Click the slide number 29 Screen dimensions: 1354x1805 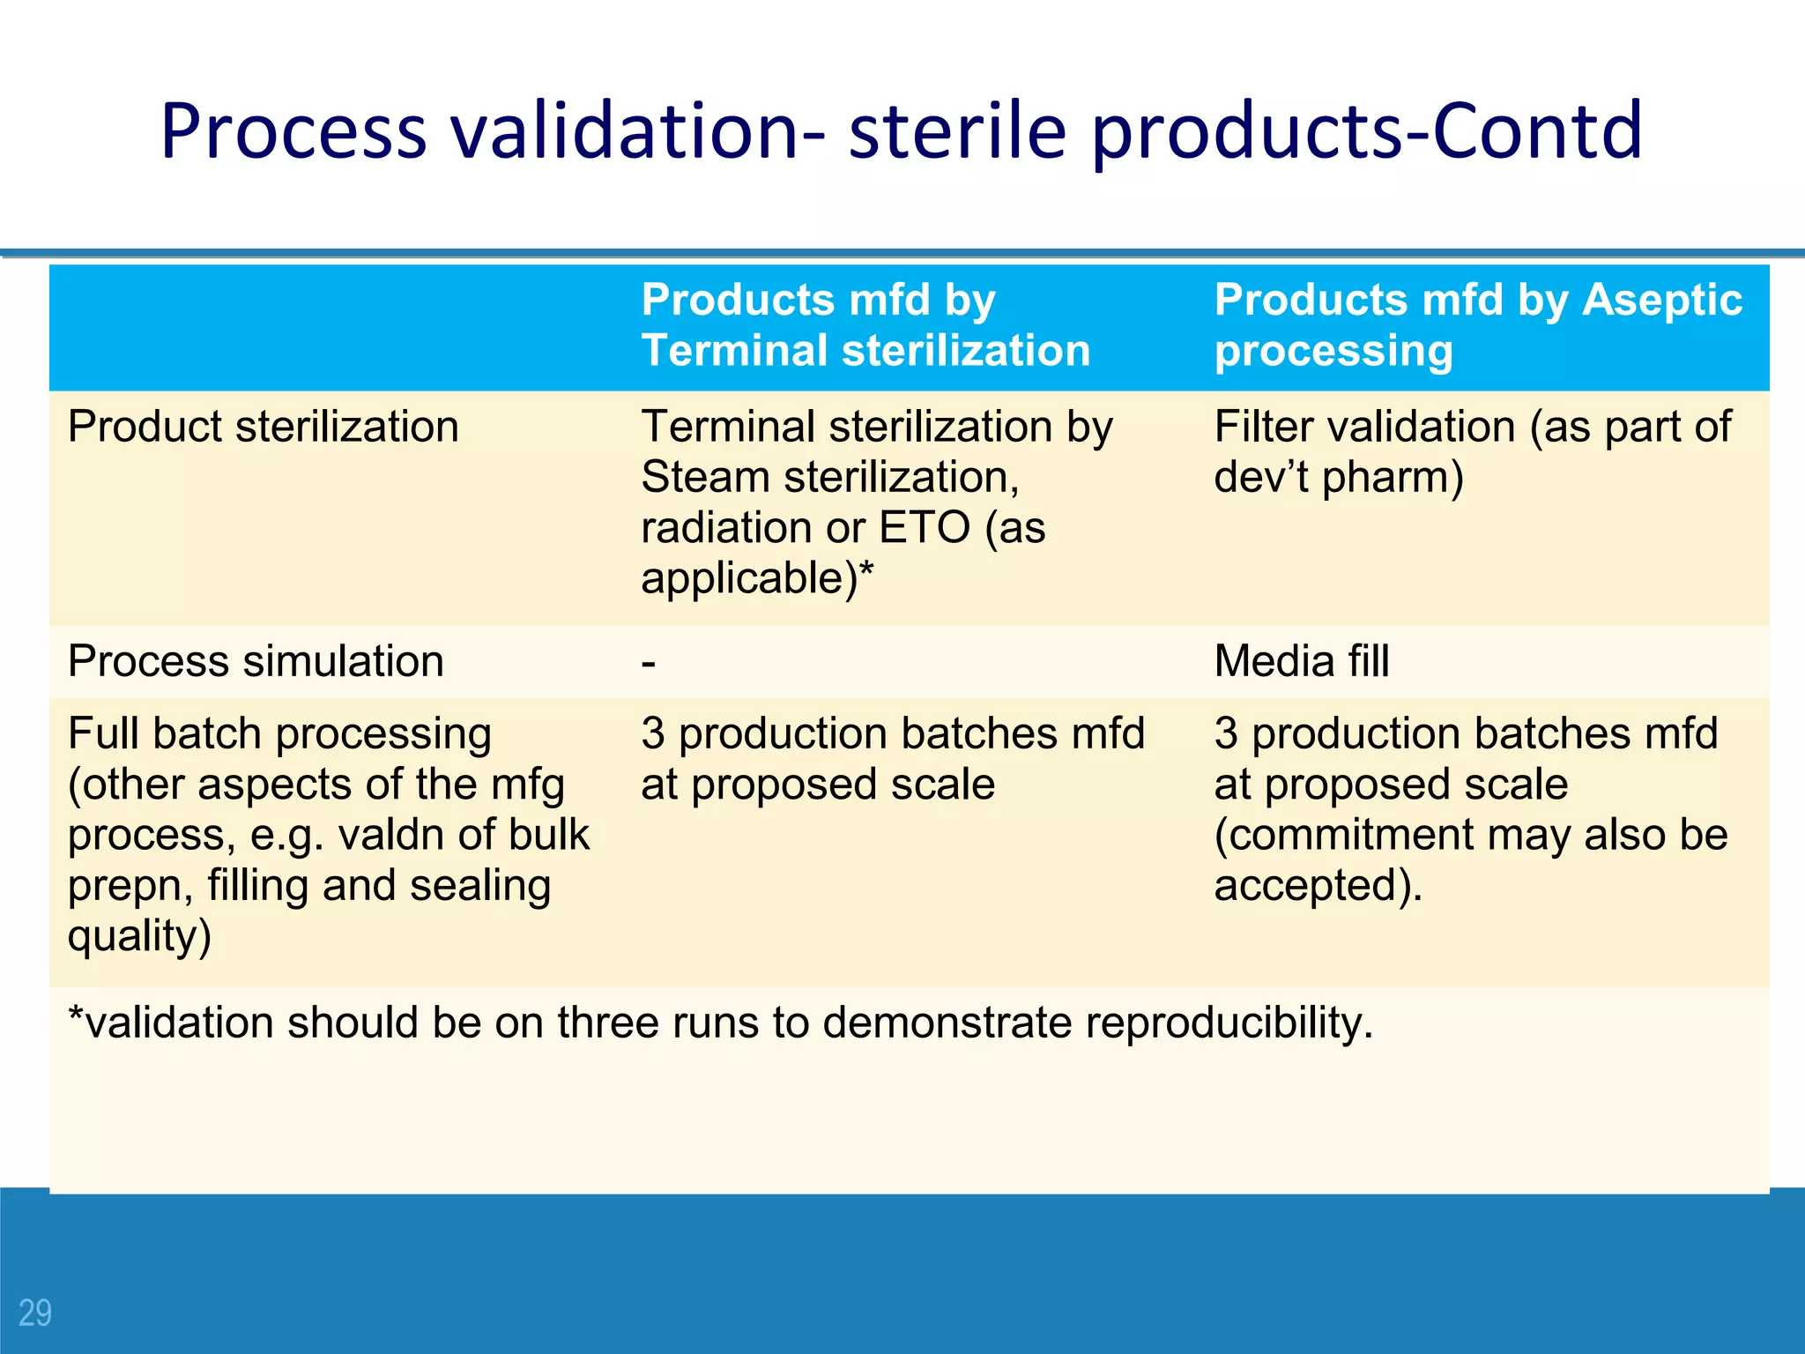pos(35,1313)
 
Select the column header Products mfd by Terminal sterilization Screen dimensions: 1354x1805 pos(865,324)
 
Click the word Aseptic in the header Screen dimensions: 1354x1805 pos(1662,300)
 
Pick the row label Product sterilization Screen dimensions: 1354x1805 pos(263,427)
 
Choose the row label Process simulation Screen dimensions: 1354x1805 pos(256,661)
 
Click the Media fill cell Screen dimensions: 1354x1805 pos(1301,661)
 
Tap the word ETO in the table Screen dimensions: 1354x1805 pos(925,528)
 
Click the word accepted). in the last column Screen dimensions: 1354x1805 pos(1318,885)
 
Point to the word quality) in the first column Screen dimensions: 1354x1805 pos(139,936)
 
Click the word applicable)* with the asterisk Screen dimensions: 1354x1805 pos(757,579)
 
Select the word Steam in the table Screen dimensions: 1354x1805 pos(705,478)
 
